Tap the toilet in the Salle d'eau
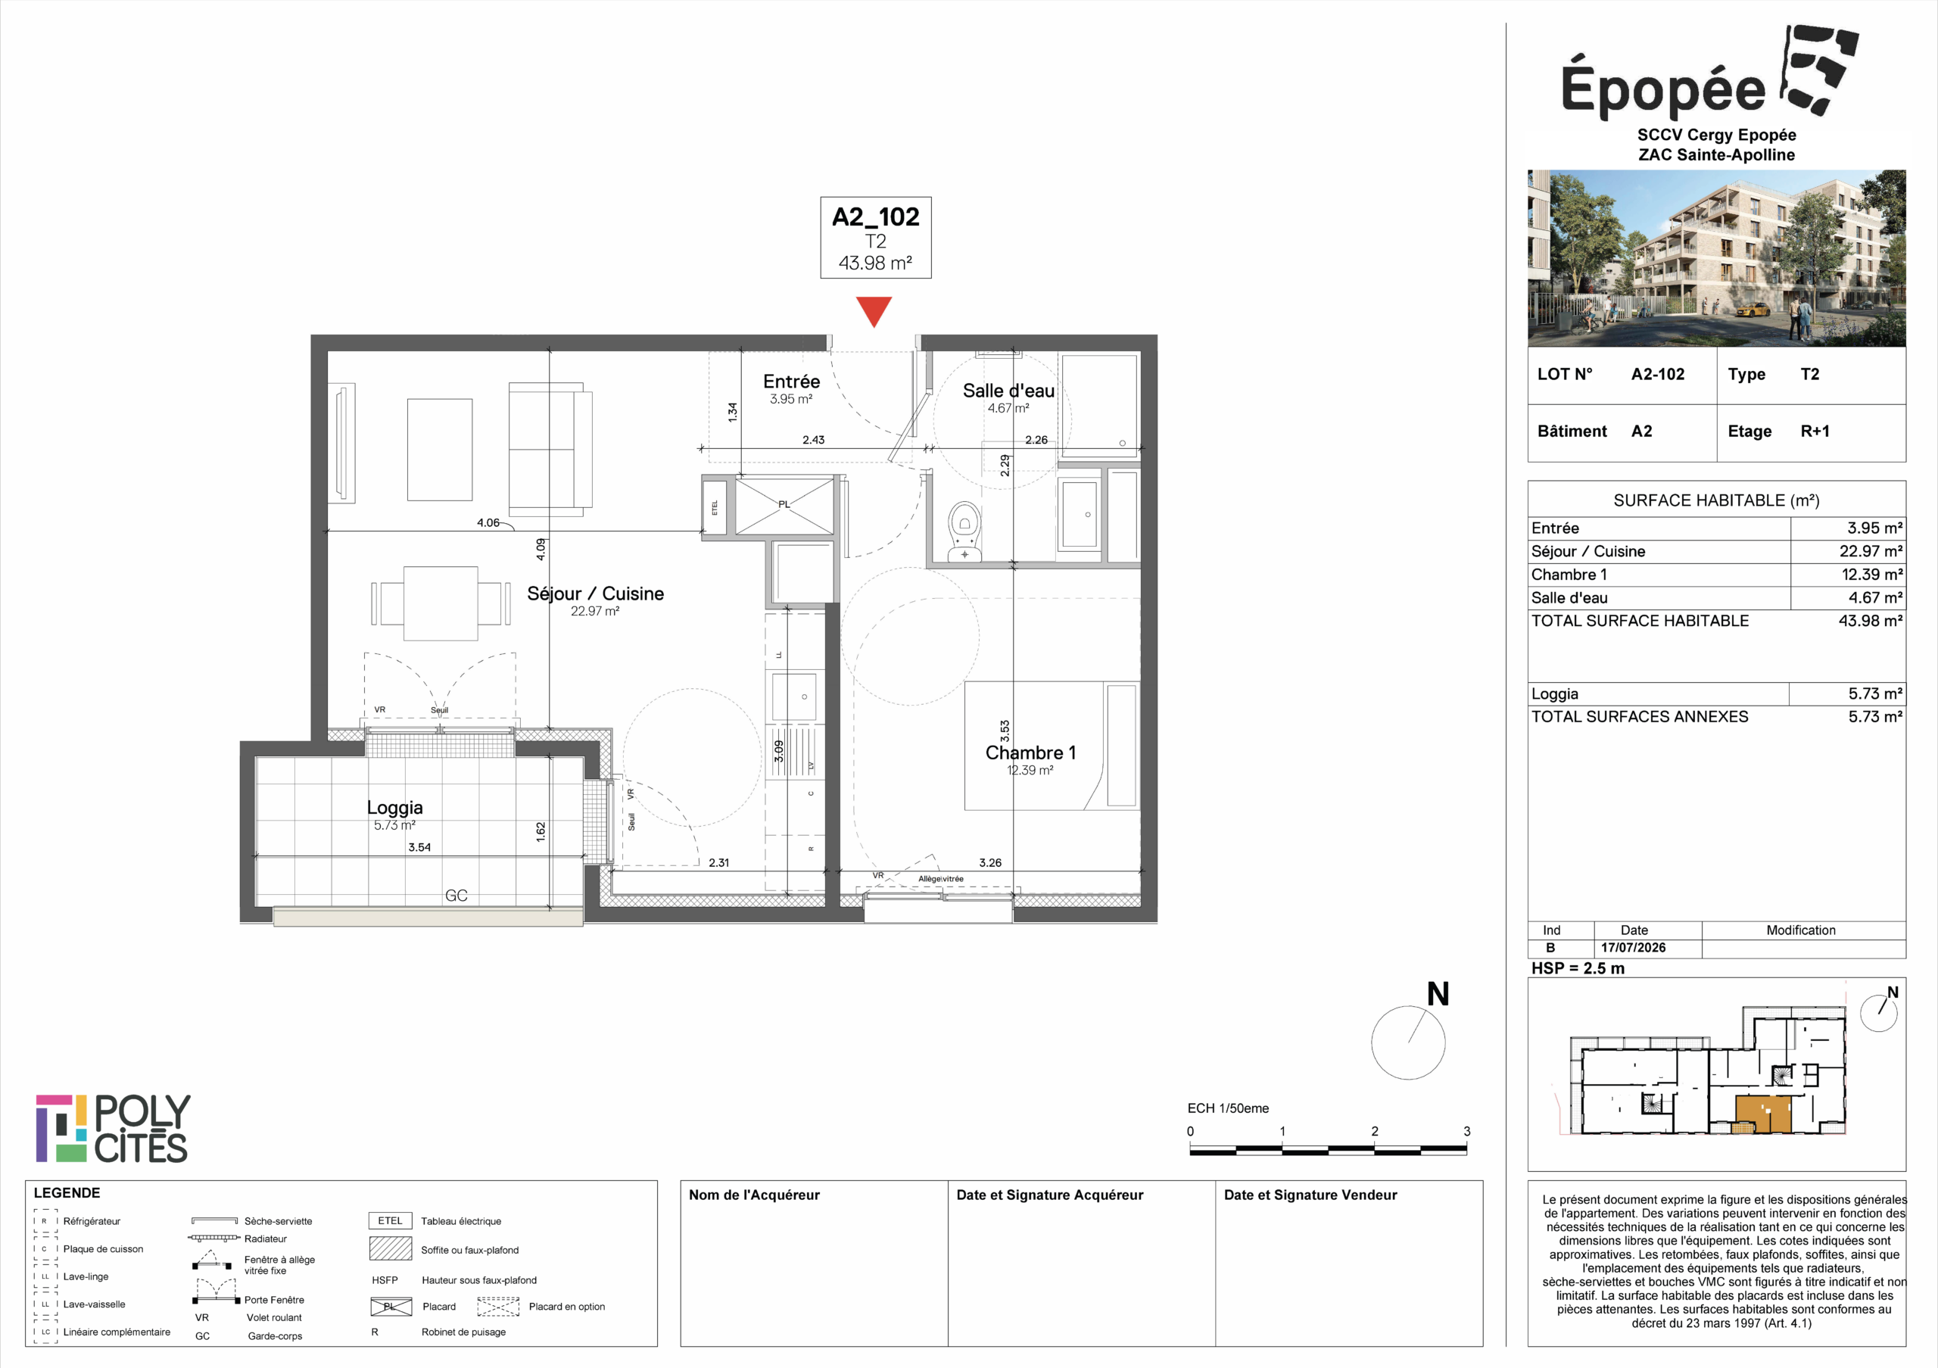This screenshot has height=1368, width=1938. point(964,531)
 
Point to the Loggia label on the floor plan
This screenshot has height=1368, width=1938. point(394,808)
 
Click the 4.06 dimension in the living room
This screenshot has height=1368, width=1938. point(488,522)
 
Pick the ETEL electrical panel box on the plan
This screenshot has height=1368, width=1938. point(715,507)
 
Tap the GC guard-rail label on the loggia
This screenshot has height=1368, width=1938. point(456,896)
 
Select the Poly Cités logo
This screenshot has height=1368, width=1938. point(113,1128)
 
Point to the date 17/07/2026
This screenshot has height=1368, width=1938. point(1633,948)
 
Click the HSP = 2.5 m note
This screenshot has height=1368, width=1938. point(1578,968)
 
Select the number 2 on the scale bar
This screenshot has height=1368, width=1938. point(1374,1131)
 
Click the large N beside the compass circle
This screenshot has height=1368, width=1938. point(1438,994)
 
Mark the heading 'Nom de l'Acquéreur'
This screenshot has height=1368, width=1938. point(754,1195)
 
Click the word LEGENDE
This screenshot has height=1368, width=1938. point(67,1192)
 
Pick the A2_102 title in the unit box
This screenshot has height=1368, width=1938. point(875,217)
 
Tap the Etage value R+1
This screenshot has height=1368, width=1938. point(1815,432)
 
